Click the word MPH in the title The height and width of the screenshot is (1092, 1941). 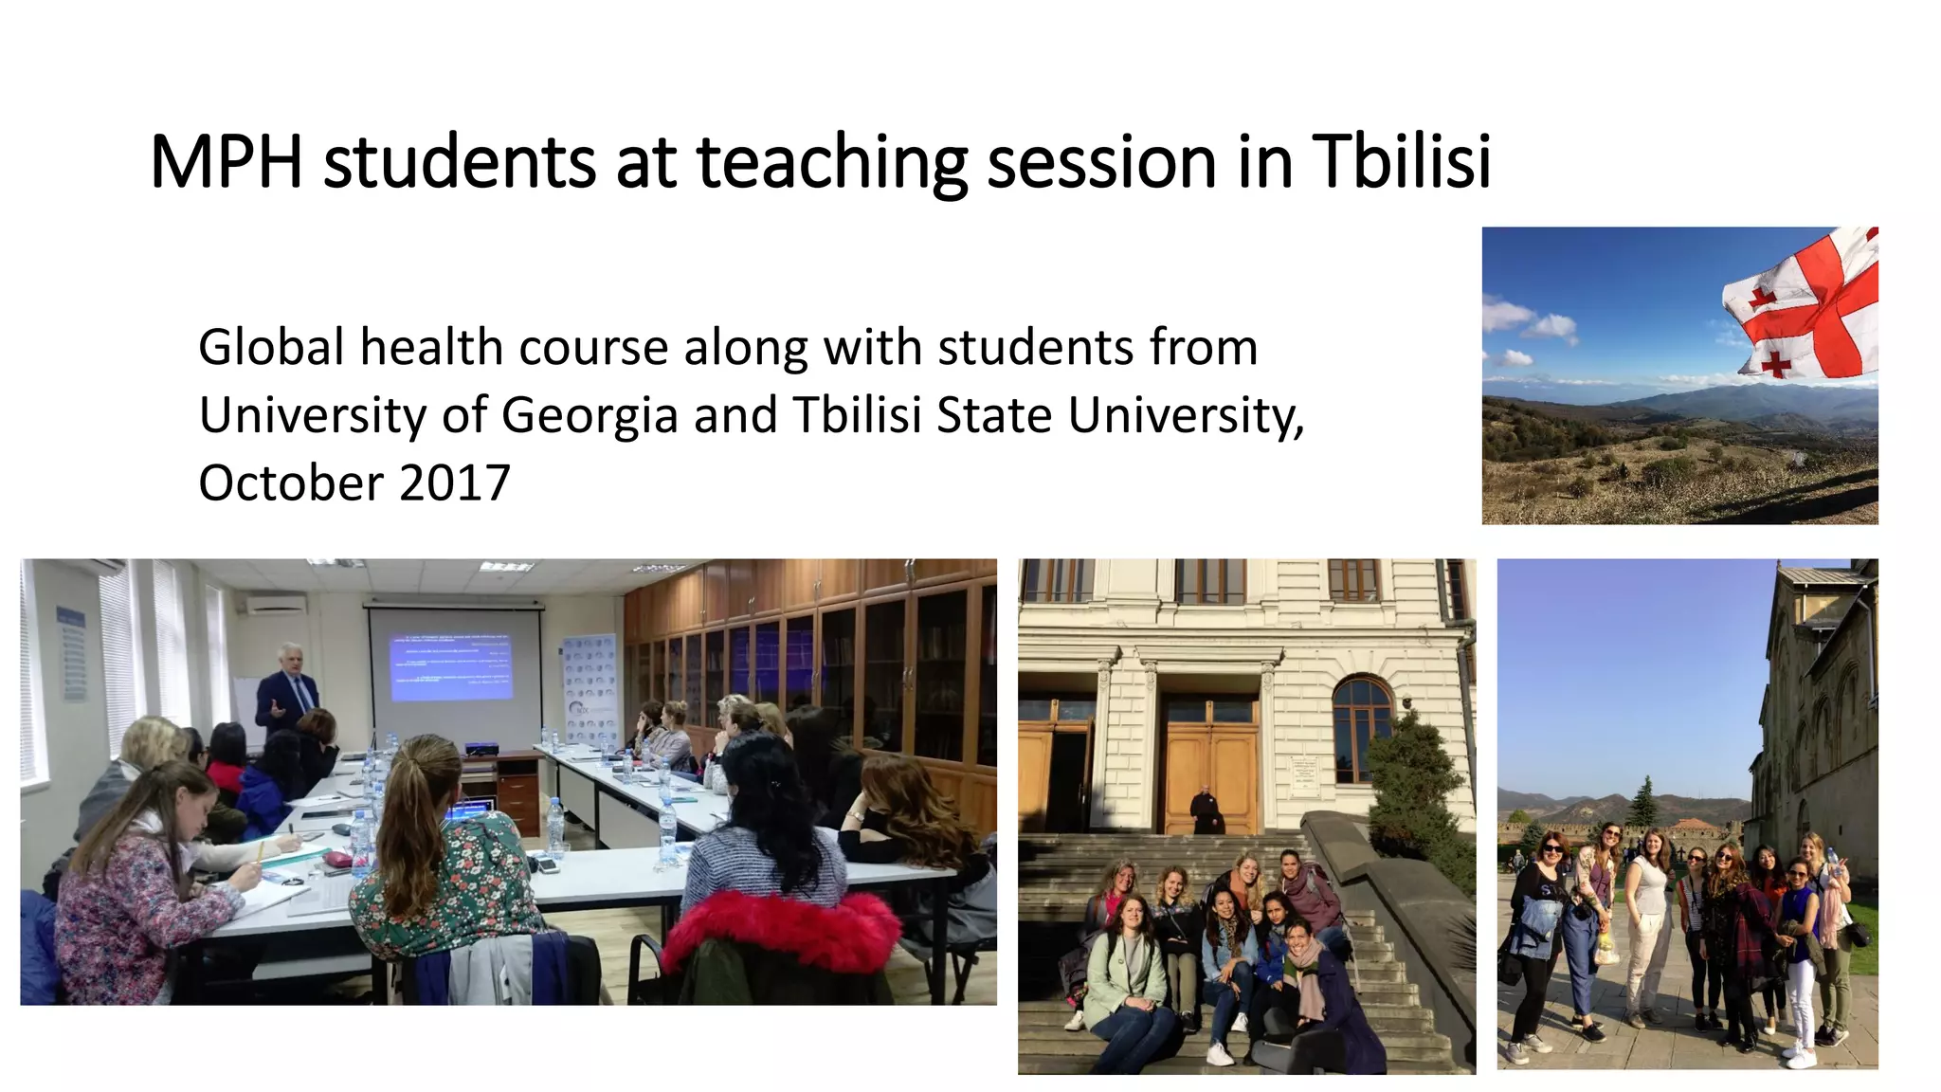pos(226,162)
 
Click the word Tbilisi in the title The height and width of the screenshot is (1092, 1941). pos(1402,162)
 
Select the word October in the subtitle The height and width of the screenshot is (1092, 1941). pos(289,482)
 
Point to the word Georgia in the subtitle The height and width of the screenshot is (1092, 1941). pos(590,415)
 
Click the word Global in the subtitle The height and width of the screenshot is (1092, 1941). pos(271,347)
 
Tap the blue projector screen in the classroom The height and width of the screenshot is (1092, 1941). pos(452,667)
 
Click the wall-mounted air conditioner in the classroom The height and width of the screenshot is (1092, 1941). pos(276,604)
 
